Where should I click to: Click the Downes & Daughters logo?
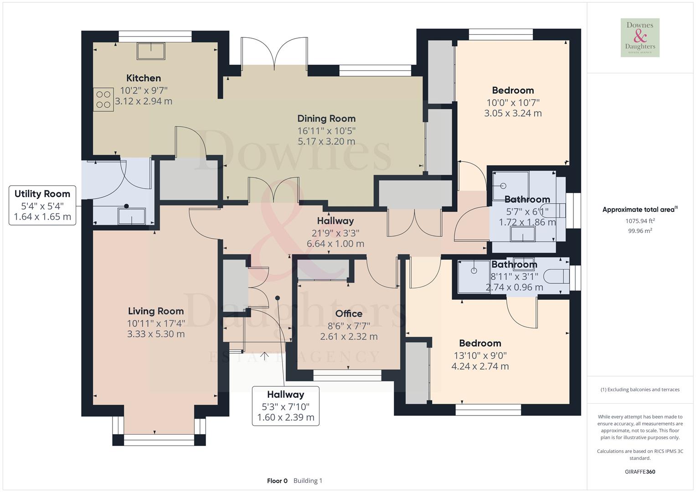[x=640, y=38]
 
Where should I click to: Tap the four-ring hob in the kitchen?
[x=103, y=100]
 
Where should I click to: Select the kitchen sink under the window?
[x=151, y=51]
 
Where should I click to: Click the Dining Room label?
[x=326, y=118]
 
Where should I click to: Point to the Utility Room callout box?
[x=42, y=205]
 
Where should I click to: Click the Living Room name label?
[x=156, y=311]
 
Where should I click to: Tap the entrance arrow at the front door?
[x=264, y=355]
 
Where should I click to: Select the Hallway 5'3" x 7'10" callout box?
[x=286, y=405]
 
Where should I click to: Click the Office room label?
[x=349, y=313]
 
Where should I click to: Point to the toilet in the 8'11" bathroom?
[x=559, y=276]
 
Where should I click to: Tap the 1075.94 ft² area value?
[x=640, y=221]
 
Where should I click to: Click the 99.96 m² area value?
[x=640, y=231]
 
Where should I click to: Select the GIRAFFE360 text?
[x=640, y=471]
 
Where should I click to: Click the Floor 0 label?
[x=277, y=481]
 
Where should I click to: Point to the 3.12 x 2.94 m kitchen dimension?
[x=144, y=101]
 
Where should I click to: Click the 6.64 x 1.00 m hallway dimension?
[x=335, y=244]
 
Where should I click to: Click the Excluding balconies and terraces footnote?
[x=640, y=389]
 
